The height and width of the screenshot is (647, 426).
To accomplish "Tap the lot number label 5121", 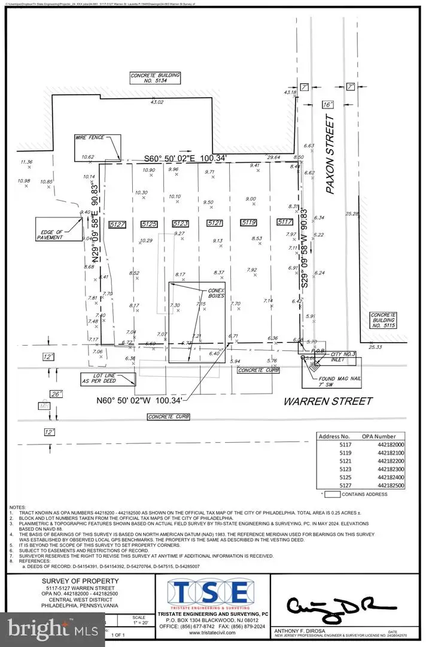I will pos(215,223).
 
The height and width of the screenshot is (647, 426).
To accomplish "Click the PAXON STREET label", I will pos(328,157).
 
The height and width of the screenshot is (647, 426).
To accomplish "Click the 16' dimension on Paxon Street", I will pos(328,104).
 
